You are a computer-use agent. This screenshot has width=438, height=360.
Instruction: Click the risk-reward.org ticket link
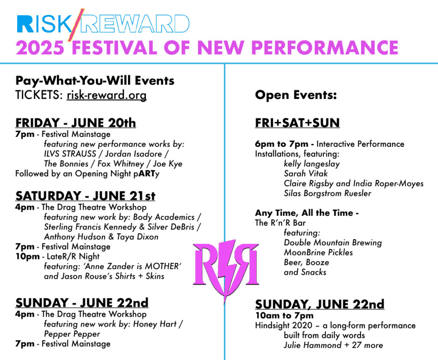107,95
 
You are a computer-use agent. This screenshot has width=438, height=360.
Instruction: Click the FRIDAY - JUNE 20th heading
76,123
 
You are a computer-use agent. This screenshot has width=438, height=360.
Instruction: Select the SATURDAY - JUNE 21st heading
85,196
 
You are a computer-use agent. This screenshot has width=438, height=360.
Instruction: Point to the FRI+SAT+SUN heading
297,123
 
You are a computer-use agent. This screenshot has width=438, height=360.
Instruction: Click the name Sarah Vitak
305,173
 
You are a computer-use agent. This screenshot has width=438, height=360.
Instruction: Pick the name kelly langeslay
312,164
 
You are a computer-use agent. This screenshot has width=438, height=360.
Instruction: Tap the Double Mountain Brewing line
333,243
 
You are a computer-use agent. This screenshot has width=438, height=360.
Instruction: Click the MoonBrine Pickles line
318,253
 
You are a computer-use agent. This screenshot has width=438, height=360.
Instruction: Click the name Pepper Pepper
72,334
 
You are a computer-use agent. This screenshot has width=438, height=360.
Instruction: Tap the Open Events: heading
296,95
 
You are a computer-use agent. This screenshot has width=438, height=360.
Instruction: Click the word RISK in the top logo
44,24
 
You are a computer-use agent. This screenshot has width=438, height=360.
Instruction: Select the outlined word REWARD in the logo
136,24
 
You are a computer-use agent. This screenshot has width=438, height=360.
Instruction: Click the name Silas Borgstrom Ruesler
327,193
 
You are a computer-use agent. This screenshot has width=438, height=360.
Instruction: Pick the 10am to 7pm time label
284,315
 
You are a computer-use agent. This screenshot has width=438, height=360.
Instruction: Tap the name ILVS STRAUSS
70,154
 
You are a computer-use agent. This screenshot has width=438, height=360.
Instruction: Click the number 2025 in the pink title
40,48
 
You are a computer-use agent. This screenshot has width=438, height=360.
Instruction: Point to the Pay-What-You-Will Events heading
95,81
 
